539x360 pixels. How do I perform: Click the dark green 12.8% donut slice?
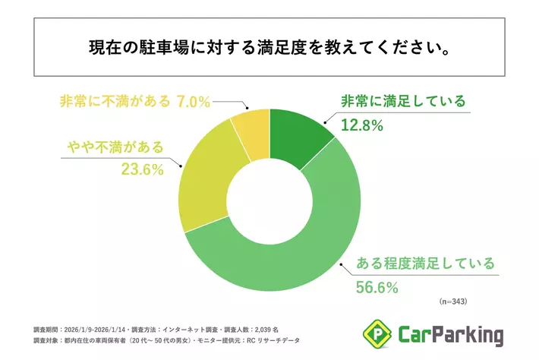299,137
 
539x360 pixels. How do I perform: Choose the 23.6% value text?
143,169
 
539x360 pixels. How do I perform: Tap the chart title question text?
269,48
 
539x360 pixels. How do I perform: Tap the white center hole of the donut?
269,201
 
